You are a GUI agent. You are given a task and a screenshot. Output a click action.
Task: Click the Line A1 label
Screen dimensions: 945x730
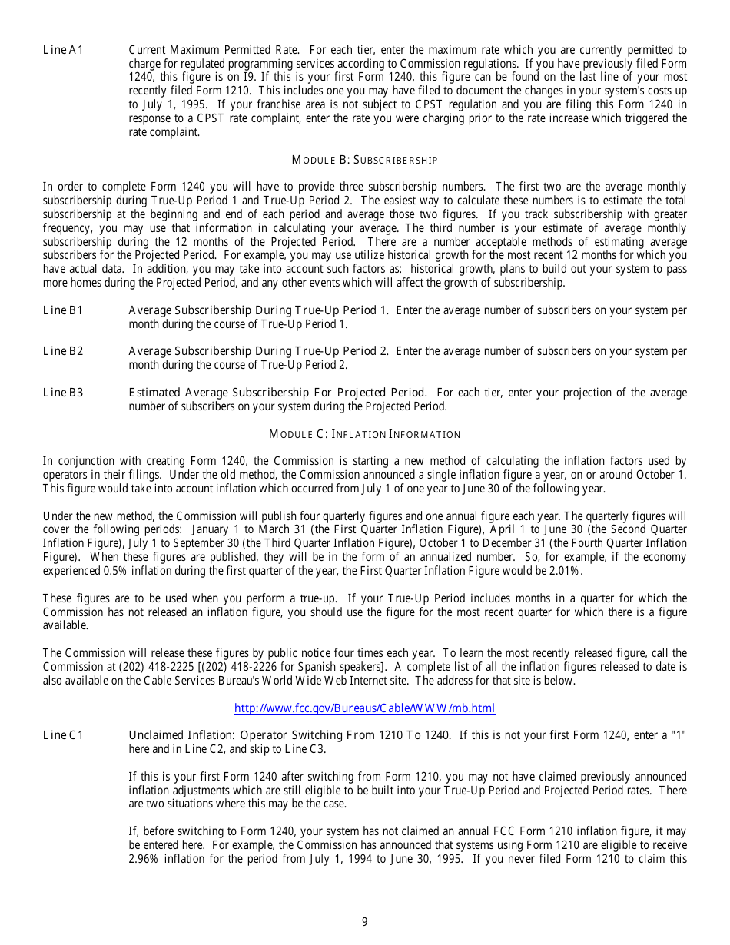[x=63, y=51]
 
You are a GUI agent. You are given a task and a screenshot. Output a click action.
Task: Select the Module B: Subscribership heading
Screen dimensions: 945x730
[x=364, y=160]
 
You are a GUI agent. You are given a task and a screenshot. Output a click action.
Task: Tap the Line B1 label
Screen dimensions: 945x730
[x=63, y=310]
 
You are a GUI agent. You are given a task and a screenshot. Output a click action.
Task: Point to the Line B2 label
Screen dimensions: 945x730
[x=63, y=351]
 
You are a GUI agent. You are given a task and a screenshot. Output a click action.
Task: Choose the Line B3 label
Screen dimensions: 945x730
[x=63, y=393]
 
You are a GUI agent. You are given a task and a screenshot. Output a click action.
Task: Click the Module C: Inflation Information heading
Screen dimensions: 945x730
[x=364, y=434]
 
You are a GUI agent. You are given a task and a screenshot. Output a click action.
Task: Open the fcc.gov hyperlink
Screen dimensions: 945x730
[x=364, y=708]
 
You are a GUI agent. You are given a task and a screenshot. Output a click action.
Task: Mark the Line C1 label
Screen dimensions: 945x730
[x=63, y=735]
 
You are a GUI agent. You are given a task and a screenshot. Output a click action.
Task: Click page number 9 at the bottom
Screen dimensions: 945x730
[x=365, y=922]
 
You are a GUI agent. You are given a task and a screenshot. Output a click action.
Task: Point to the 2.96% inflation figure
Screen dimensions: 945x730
[x=144, y=859]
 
